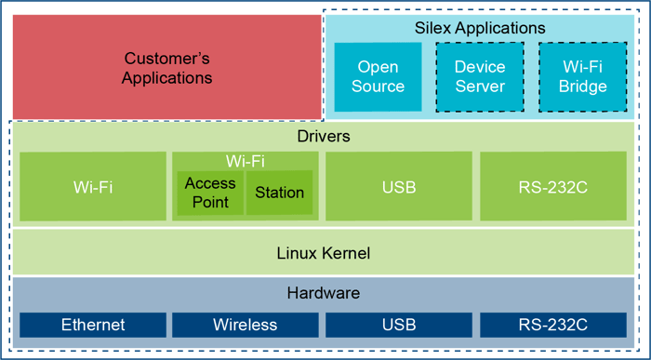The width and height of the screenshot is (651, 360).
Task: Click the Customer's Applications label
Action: click(x=168, y=68)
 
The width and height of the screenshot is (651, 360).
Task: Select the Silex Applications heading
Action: click(x=480, y=29)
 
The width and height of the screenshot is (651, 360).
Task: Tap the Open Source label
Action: click(x=378, y=76)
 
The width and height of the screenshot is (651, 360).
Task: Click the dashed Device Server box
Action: click(x=480, y=76)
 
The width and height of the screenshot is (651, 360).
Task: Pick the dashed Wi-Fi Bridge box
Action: click(x=583, y=76)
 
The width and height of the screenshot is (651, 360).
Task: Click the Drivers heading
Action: click(x=324, y=137)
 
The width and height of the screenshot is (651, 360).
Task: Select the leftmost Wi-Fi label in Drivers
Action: click(x=93, y=187)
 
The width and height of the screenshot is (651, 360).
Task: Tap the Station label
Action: click(x=280, y=193)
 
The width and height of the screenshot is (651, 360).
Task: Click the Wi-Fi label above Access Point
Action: click(x=246, y=161)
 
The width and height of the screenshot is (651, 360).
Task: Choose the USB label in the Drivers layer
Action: click(x=399, y=187)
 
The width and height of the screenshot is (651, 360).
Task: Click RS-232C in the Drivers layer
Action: click(x=553, y=187)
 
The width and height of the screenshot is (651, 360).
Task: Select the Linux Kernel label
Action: click(x=324, y=252)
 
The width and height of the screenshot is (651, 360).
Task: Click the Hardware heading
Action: click(x=323, y=293)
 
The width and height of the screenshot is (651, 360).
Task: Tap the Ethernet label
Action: click(x=93, y=325)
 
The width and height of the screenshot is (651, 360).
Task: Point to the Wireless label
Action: click(x=246, y=325)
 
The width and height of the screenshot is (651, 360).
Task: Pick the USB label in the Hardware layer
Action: click(x=399, y=325)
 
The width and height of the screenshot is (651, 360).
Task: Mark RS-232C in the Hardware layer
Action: click(x=553, y=325)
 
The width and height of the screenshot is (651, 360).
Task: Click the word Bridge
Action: click(x=583, y=87)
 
